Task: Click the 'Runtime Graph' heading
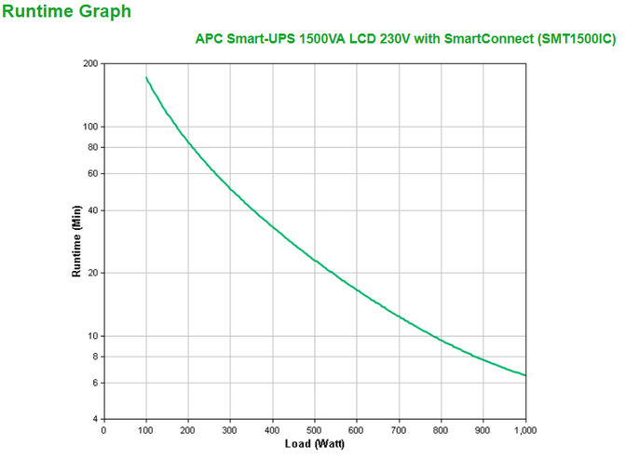[67, 12]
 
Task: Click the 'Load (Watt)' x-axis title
[314, 445]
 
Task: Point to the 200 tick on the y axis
[90, 63]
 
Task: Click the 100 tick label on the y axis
[90, 127]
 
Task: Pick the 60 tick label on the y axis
[93, 173]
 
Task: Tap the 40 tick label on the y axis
[93, 210]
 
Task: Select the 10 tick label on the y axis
[93, 336]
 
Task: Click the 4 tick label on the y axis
[96, 419]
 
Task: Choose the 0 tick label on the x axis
[103, 430]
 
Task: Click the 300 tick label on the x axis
[230, 430]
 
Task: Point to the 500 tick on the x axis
[315, 430]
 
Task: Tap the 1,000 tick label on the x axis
[524, 430]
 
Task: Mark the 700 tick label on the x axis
[399, 430]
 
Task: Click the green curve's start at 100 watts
[146, 78]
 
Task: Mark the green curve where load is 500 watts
[315, 260]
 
